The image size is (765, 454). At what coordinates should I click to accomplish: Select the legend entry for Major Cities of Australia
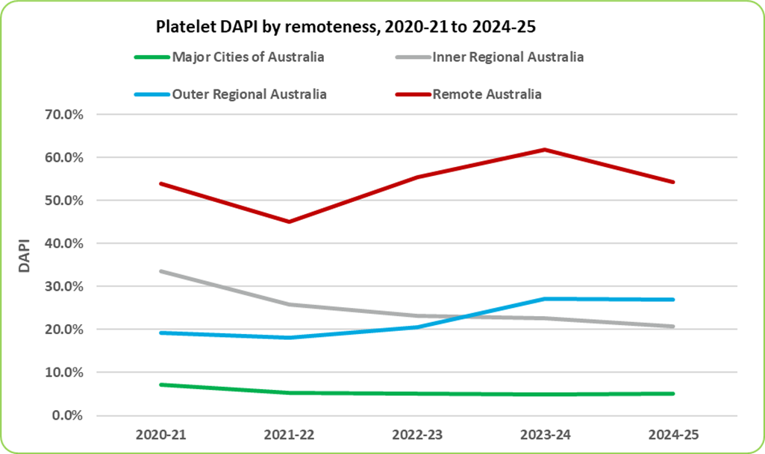point(248,57)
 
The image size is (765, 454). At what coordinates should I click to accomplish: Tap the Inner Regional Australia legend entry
point(508,57)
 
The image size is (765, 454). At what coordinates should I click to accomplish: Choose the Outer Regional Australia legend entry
point(249,95)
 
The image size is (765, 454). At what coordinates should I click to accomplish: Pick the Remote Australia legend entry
point(487,95)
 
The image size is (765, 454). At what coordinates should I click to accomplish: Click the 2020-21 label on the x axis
point(161,435)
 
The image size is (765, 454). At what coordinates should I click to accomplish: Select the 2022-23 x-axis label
point(417,435)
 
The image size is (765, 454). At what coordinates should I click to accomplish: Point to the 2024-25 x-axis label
point(673,435)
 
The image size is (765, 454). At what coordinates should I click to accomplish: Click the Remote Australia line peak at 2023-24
point(546,150)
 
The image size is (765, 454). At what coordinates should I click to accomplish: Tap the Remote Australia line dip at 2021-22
point(289,221)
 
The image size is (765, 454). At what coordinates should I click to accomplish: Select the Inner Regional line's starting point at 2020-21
point(161,271)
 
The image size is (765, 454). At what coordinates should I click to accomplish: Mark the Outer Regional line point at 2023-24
point(546,299)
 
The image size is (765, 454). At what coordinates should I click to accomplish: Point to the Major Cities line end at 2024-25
point(673,394)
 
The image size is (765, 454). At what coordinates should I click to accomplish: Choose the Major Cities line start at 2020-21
point(161,385)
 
